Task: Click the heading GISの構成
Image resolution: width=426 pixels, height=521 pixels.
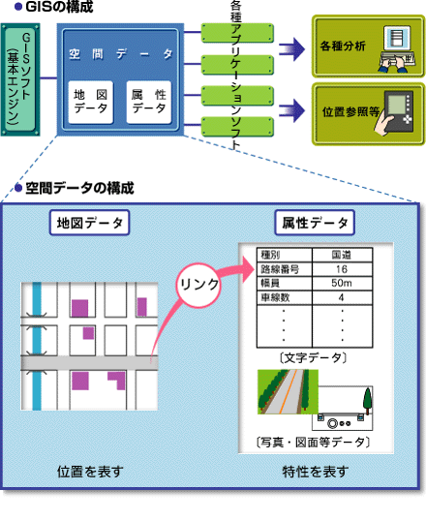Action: (x=59, y=7)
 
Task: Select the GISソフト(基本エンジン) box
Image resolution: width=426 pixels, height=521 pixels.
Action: (x=20, y=79)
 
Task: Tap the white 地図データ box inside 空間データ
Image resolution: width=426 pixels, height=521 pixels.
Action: (x=91, y=102)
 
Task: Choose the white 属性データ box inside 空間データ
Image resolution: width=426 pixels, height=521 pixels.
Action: (x=149, y=102)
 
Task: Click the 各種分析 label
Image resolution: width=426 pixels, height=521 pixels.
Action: (x=343, y=46)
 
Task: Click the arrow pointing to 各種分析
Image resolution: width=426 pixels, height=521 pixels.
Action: (x=291, y=49)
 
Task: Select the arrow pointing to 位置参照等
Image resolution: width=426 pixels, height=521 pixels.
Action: (x=291, y=110)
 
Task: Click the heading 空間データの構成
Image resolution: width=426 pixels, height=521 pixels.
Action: (x=79, y=188)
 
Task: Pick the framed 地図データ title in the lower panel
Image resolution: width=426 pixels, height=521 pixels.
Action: (x=89, y=223)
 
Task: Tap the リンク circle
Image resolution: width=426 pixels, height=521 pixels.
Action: (x=198, y=286)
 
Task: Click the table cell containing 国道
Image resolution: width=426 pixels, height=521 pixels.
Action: (x=342, y=256)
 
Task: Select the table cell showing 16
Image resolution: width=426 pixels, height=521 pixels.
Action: (x=342, y=269)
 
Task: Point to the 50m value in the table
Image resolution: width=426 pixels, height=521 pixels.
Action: (x=342, y=283)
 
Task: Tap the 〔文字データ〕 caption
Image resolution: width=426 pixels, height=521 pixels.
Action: (x=314, y=358)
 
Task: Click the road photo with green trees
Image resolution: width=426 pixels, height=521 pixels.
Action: (x=288, y=392)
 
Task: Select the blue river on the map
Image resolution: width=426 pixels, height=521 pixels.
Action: (x=37, y=346)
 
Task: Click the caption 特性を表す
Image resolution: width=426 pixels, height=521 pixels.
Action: (x=316, y=472)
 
